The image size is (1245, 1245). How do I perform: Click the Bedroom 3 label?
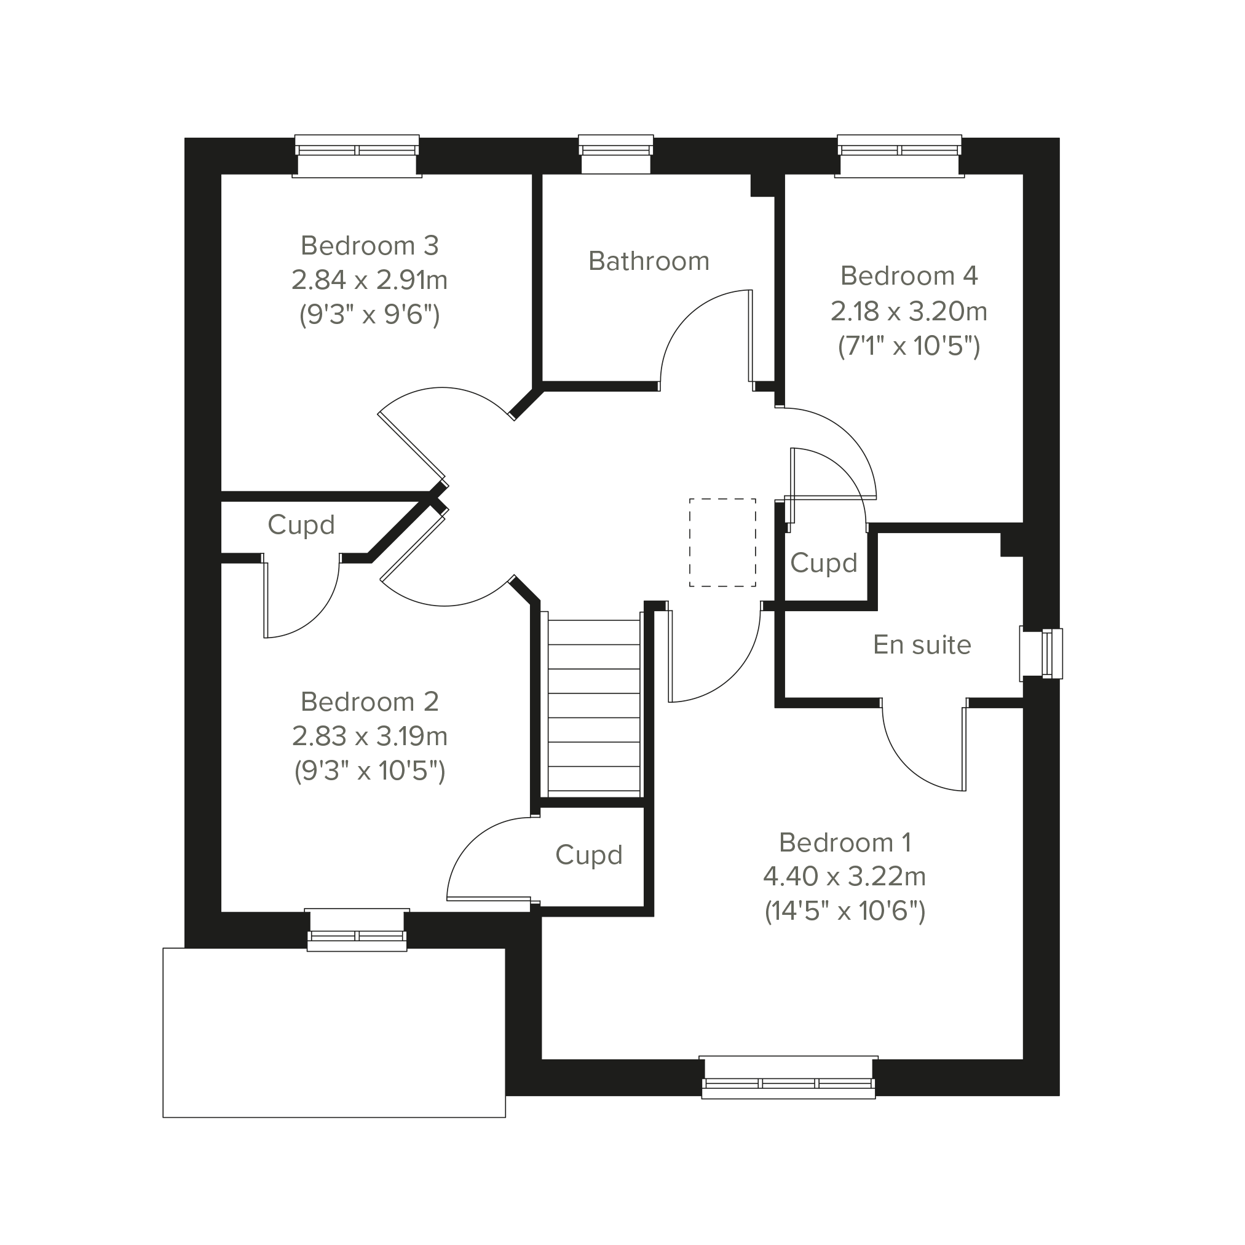(x=370, y=245)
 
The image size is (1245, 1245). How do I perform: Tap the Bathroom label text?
(x=649, y=261)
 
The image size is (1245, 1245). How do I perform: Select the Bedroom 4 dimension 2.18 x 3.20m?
(x=909, y=311)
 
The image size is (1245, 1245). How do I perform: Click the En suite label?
(x=922, y=644)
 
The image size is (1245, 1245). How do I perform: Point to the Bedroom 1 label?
(x=845, y=842)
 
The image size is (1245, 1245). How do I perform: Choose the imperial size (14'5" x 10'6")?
(x=845, y=911)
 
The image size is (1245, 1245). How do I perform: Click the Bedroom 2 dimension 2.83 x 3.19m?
(x=370, y=736)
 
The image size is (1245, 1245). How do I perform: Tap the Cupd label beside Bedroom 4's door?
(x=824, y=563)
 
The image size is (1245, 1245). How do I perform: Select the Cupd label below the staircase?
(x=589, y=855)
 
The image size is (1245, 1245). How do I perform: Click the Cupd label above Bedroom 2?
(x=301, y=525)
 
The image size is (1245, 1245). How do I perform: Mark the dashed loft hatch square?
(x=722, y=543)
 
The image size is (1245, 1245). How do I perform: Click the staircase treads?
(x=593, y=706)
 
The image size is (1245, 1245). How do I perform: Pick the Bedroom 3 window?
(x=357, y=156)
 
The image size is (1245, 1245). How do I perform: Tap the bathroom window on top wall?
(x=616, y=155)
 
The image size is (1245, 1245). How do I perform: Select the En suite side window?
(x=1041, y=654)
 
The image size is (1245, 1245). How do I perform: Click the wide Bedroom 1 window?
(x=788, y=1077)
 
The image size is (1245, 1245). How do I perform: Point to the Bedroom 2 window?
(x=357, y=930)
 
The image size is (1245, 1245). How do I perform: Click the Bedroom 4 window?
(x=899, y=156)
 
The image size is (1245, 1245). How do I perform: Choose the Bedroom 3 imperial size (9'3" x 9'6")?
(x=370, y=315)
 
